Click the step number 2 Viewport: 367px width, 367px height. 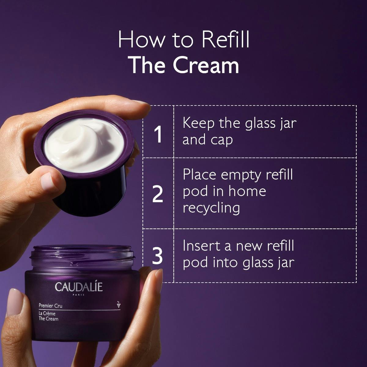coord(158,195)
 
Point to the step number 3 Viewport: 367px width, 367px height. coord(157,257)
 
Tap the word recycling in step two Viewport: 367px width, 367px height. coord(211,208)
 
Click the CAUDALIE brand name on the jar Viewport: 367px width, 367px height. coord(79,287)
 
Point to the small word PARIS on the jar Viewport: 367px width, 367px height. coord(79,295)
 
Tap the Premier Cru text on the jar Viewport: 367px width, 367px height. coord(50,305)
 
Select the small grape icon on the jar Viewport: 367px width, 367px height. coord(118,304)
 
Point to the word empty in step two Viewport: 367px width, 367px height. coord(241,175)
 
